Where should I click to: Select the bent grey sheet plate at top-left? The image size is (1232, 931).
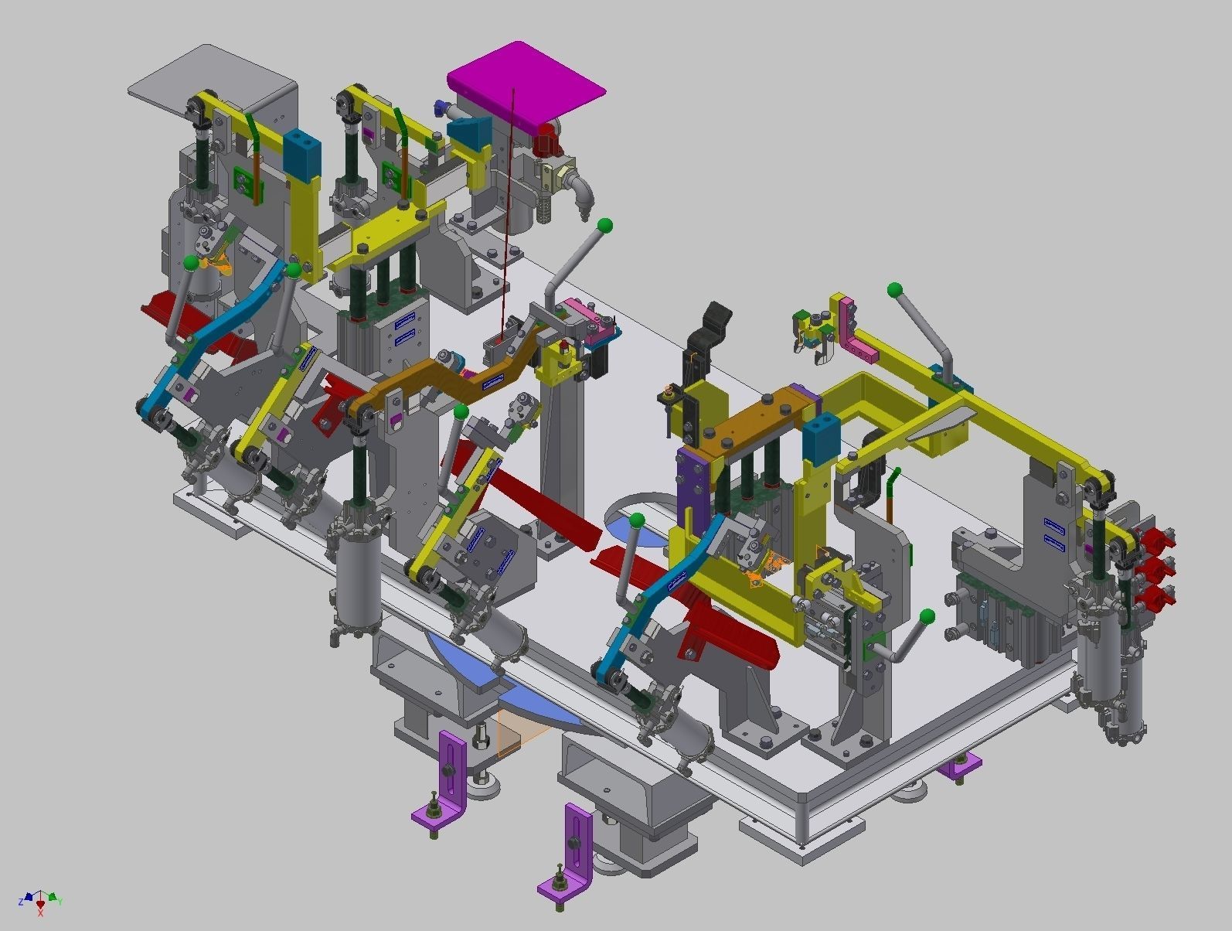(x=209, y=77)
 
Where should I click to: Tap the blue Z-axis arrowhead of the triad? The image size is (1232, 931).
(x=29, y=898)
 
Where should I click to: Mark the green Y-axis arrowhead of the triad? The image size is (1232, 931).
(x=52, y=898)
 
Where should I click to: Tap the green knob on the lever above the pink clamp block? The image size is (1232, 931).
(x=605, y=226)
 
